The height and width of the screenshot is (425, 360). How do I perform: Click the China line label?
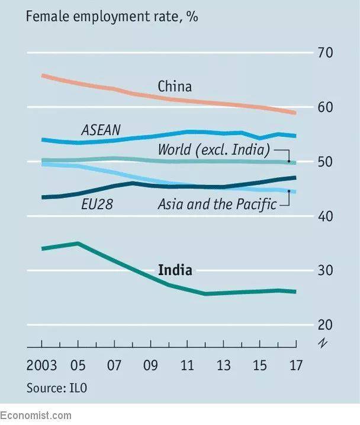175,87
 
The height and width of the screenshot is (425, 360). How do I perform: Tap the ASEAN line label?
101,130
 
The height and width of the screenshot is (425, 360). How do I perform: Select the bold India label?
175,270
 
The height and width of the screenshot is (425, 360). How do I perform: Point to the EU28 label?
97,205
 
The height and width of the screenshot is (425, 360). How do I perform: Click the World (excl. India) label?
214,149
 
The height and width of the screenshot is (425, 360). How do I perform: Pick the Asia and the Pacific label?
217,205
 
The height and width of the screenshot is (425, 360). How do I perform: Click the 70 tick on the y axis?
325,53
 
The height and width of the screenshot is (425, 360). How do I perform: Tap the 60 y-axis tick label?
325,107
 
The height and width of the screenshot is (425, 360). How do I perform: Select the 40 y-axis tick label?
325,216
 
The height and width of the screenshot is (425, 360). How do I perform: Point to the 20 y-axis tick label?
325,325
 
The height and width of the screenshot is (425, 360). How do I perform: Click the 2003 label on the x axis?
41,365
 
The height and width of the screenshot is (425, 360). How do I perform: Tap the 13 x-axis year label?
223,365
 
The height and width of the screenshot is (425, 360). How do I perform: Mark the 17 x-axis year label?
295,365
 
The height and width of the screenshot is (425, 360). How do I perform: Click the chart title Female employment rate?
112,16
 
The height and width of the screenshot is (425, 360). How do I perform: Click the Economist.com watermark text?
36,416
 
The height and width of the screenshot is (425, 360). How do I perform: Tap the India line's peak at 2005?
78,243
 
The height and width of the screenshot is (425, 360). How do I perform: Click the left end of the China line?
42,75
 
